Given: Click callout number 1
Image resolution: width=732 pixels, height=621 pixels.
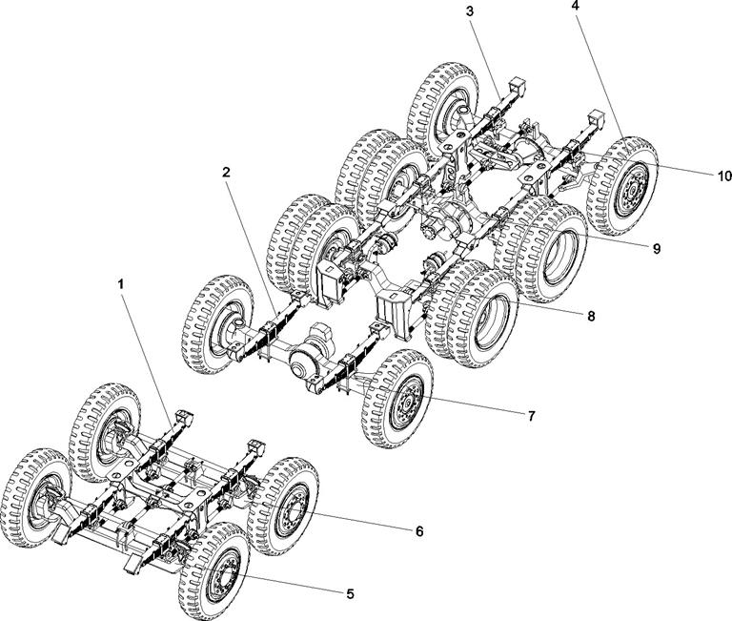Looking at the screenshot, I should (x=121, y=284).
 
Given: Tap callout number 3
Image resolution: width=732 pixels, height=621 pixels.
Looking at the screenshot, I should (x=471, y=10).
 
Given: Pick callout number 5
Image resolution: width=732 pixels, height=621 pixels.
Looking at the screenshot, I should (x=350, y=593).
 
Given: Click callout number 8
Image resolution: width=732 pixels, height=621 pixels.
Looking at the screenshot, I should (x=592, y=315).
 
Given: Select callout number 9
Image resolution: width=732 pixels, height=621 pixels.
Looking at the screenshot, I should (x=656, y=248).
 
